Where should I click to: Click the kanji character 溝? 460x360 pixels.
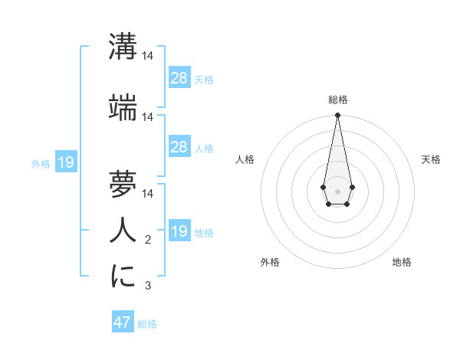[x=123, y=47]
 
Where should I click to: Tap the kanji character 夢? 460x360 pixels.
[x=123, y=184]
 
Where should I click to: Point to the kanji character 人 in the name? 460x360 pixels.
[x=123, y=231]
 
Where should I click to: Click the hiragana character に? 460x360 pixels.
[x=123, y=277]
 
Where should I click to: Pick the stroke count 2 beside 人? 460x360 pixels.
[x=148, y=241]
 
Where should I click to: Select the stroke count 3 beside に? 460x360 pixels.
[x=148, y=286]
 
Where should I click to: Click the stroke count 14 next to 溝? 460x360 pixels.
[x=148, y=56]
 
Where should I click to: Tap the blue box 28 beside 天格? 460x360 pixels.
[x=179, y=78]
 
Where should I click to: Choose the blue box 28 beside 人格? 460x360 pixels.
[x=179, y=147]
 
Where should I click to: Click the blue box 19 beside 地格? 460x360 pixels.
[x=179, y=231]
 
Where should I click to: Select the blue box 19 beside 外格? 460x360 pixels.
[x=65, y=162]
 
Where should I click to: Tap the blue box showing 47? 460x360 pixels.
[x=123, y=322]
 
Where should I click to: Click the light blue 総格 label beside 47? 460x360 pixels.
[x=147, y=324]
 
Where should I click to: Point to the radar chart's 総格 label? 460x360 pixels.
[x=337, y=100]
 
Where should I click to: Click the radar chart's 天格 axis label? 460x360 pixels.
[x=431, y=159]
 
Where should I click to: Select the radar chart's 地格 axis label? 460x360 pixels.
[x=402, y=262]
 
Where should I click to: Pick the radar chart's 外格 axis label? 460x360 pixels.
[x=270, y=262]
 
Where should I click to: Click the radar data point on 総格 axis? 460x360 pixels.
[x=337, y=116]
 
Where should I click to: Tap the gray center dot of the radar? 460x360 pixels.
[x=337, y=190]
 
